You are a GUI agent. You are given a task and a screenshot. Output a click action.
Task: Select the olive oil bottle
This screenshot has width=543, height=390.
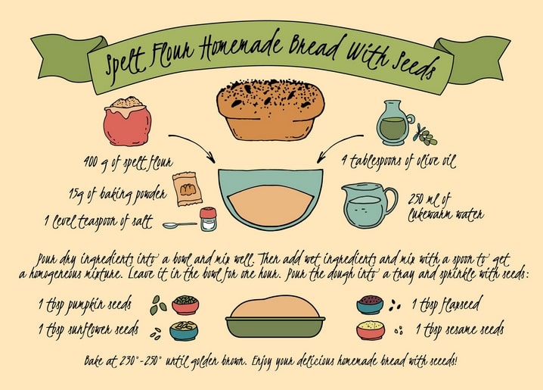click(394, 123)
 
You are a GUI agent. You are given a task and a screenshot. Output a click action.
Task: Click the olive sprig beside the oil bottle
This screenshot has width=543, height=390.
click(426, 135)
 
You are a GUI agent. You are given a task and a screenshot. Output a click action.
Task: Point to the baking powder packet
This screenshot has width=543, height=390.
click(188, 189)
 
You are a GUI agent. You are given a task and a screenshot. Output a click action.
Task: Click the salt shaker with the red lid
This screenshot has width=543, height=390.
click(208, 219)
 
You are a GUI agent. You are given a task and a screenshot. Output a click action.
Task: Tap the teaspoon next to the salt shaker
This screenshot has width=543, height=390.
click(180, 226)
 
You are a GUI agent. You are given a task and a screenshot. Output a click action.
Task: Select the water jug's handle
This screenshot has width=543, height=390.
click(391, 201)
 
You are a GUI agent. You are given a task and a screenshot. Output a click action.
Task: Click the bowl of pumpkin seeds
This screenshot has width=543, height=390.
click(185, 304)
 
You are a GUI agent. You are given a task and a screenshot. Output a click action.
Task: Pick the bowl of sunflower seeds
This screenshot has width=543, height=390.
click(184, 331)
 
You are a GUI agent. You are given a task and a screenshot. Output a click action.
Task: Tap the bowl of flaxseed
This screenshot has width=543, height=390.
click(371, 304)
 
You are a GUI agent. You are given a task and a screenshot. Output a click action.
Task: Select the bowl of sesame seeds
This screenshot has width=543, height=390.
click(371, 330)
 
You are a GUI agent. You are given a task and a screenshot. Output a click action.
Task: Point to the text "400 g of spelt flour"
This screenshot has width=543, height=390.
click(128, 163)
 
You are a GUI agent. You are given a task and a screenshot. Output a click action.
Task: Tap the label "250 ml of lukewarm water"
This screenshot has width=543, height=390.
click(445, 207)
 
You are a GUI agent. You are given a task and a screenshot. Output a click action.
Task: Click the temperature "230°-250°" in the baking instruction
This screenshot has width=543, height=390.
click(141, 361)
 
